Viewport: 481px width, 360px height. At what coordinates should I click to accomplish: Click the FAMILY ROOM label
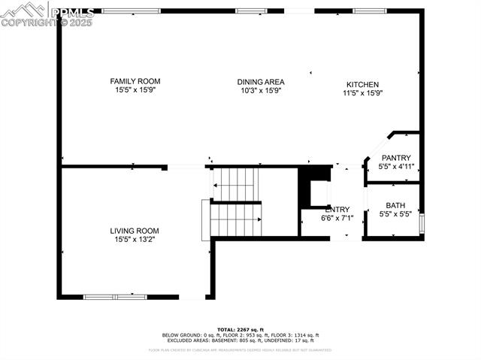click(x=135, y=81)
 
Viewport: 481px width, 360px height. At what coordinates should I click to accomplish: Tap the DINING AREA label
click(x=261, y=81)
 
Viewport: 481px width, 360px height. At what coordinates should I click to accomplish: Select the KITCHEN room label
click(x=362, y=84)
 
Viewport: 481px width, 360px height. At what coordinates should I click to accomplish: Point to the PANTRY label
click(x=396, y=158)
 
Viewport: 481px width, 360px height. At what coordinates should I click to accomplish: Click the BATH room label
click(x=395, y=206)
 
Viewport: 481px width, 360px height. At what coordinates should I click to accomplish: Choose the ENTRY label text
click(x=337, y=210)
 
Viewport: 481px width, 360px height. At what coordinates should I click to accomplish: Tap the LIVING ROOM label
click(x=135, y=231)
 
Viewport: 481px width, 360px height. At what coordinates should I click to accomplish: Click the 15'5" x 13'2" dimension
click(x=135, y=240)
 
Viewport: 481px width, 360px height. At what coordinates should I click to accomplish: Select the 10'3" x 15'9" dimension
click(x=261, y=90)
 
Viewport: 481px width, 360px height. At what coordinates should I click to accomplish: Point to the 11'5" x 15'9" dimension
click(x=363, y=93)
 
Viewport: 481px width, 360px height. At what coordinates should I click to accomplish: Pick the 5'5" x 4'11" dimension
click(x=396, y=167)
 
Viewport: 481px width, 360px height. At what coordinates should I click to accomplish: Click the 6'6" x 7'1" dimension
click(x=336, y=218)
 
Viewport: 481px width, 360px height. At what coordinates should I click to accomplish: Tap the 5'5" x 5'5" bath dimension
click(x=395, y=215)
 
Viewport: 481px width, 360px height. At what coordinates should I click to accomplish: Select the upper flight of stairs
click(x=235, y=180)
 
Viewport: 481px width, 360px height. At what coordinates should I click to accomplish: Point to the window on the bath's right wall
click(x=423, y=223)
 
